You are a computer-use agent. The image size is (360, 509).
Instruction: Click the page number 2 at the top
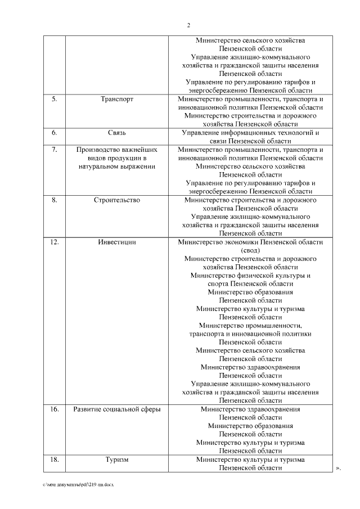[188, 25]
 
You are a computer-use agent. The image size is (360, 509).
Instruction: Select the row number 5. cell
[55, 99]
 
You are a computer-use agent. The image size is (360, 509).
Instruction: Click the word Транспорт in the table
[117, 99]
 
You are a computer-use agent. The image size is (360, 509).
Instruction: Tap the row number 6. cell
[55, 133]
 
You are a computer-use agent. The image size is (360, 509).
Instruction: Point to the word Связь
[117, 133]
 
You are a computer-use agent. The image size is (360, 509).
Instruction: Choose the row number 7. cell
[55, 150]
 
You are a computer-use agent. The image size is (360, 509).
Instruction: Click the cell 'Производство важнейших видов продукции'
[117, 158]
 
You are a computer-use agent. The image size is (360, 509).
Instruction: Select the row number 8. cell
[55, 200]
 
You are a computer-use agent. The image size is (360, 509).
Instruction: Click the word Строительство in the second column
[117, 200]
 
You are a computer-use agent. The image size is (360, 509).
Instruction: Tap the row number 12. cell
[55, 242]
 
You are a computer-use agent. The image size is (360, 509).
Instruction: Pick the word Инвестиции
[117, 242]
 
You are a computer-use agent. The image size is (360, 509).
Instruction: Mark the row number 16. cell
[55, 409]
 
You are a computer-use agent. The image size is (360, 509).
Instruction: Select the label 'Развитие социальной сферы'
[117, 409]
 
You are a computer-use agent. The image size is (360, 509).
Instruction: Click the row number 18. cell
[55, 460]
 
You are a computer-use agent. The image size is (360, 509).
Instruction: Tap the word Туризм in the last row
[117, 460]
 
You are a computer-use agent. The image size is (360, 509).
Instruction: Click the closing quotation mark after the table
[339, 468]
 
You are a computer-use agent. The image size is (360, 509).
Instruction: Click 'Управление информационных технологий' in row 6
[250, 133]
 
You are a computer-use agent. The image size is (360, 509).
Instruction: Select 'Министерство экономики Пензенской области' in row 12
[250, 242]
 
